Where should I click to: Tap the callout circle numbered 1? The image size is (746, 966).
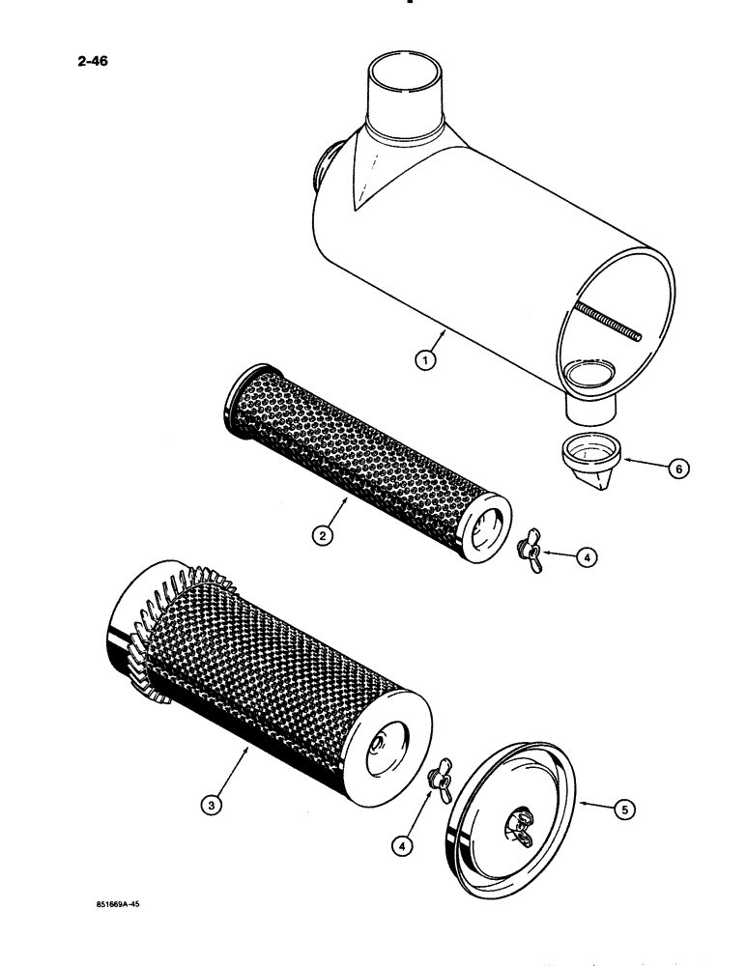422,360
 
